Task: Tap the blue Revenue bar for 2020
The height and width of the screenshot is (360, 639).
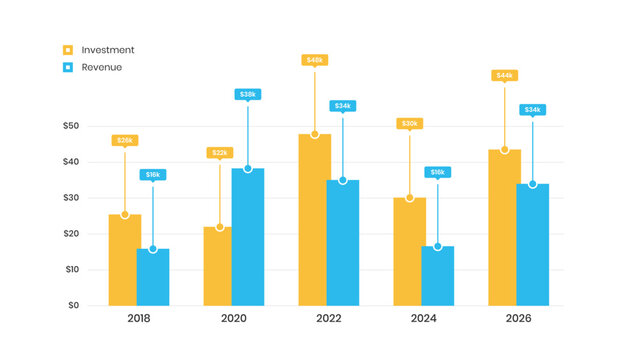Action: coord(248,238)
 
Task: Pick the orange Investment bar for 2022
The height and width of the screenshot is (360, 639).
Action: coord(315,220)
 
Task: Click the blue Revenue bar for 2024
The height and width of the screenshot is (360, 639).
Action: coord(438,276)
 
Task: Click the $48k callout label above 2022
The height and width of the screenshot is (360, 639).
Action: coord(315,60)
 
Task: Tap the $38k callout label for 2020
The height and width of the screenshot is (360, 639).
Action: coord(248,94)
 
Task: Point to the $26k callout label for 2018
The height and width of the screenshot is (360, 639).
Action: coord(125,140)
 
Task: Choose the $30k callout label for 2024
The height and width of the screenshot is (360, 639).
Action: coord(410,123)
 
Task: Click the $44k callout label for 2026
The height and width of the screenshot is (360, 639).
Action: coord(504,75)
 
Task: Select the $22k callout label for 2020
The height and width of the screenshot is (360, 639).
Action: coord(220,152)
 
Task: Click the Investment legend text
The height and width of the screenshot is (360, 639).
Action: coord(108,50)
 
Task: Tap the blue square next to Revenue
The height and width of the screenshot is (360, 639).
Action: coord(68,67)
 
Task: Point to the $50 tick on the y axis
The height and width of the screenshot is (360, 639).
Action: coord(70,126)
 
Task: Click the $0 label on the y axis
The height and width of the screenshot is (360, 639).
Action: coord(72,305)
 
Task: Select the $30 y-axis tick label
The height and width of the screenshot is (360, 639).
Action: coord(70,198)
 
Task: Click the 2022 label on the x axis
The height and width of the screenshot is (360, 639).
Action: coord(328,319)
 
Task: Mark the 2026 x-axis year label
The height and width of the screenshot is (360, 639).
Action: coord(518,319)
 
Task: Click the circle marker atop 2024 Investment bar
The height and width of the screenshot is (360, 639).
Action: coord(410,198)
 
